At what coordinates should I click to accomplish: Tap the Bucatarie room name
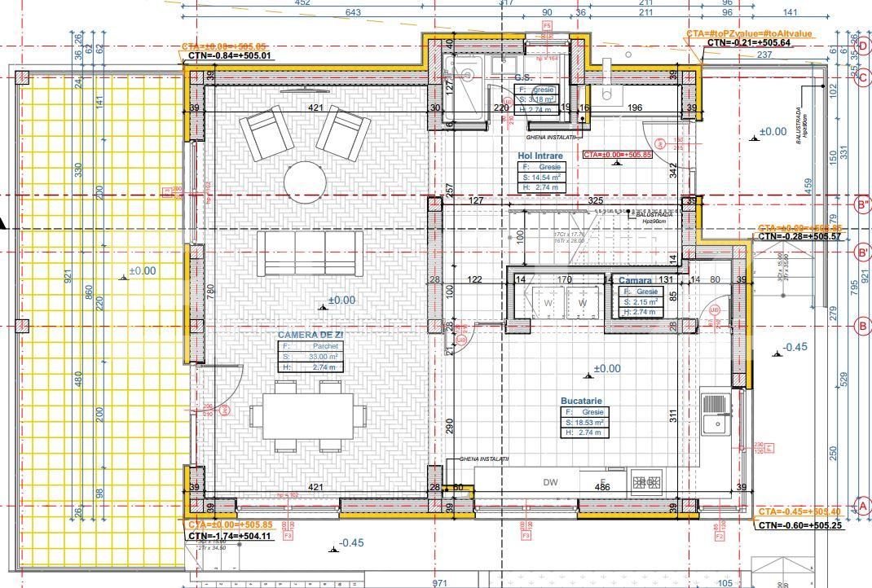(580, 402)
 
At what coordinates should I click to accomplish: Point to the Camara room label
(635, 280)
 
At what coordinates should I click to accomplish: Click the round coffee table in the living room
(304, 180)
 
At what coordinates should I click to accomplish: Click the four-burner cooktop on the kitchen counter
(647, 482)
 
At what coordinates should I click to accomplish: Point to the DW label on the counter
(551, 482)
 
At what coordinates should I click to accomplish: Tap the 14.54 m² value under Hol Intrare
(544, 177)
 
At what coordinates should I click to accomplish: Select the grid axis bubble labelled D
(863, 46)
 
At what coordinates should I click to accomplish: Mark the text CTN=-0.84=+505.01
(230, 55)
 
